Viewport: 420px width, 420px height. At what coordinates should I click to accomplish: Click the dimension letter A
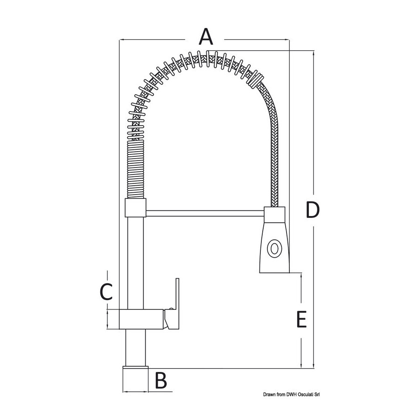(x=206, y=37)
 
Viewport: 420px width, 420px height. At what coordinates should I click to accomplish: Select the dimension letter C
(x=106, y=291)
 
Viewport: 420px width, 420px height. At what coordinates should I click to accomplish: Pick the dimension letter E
(x=301, y=319)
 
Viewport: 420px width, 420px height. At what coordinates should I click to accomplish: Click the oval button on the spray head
(x=274, y=248)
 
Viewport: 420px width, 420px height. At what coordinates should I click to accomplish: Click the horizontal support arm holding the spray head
(x=205, y=213)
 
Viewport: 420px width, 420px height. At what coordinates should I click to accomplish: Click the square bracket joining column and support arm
(x=135, y=208)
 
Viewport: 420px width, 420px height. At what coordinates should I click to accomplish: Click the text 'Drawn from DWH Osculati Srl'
(x=292, y=394)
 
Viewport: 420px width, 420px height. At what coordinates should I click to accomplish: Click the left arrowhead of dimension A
(x=121, y=40)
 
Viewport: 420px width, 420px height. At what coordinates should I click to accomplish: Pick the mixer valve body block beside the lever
(x=141, y=319)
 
